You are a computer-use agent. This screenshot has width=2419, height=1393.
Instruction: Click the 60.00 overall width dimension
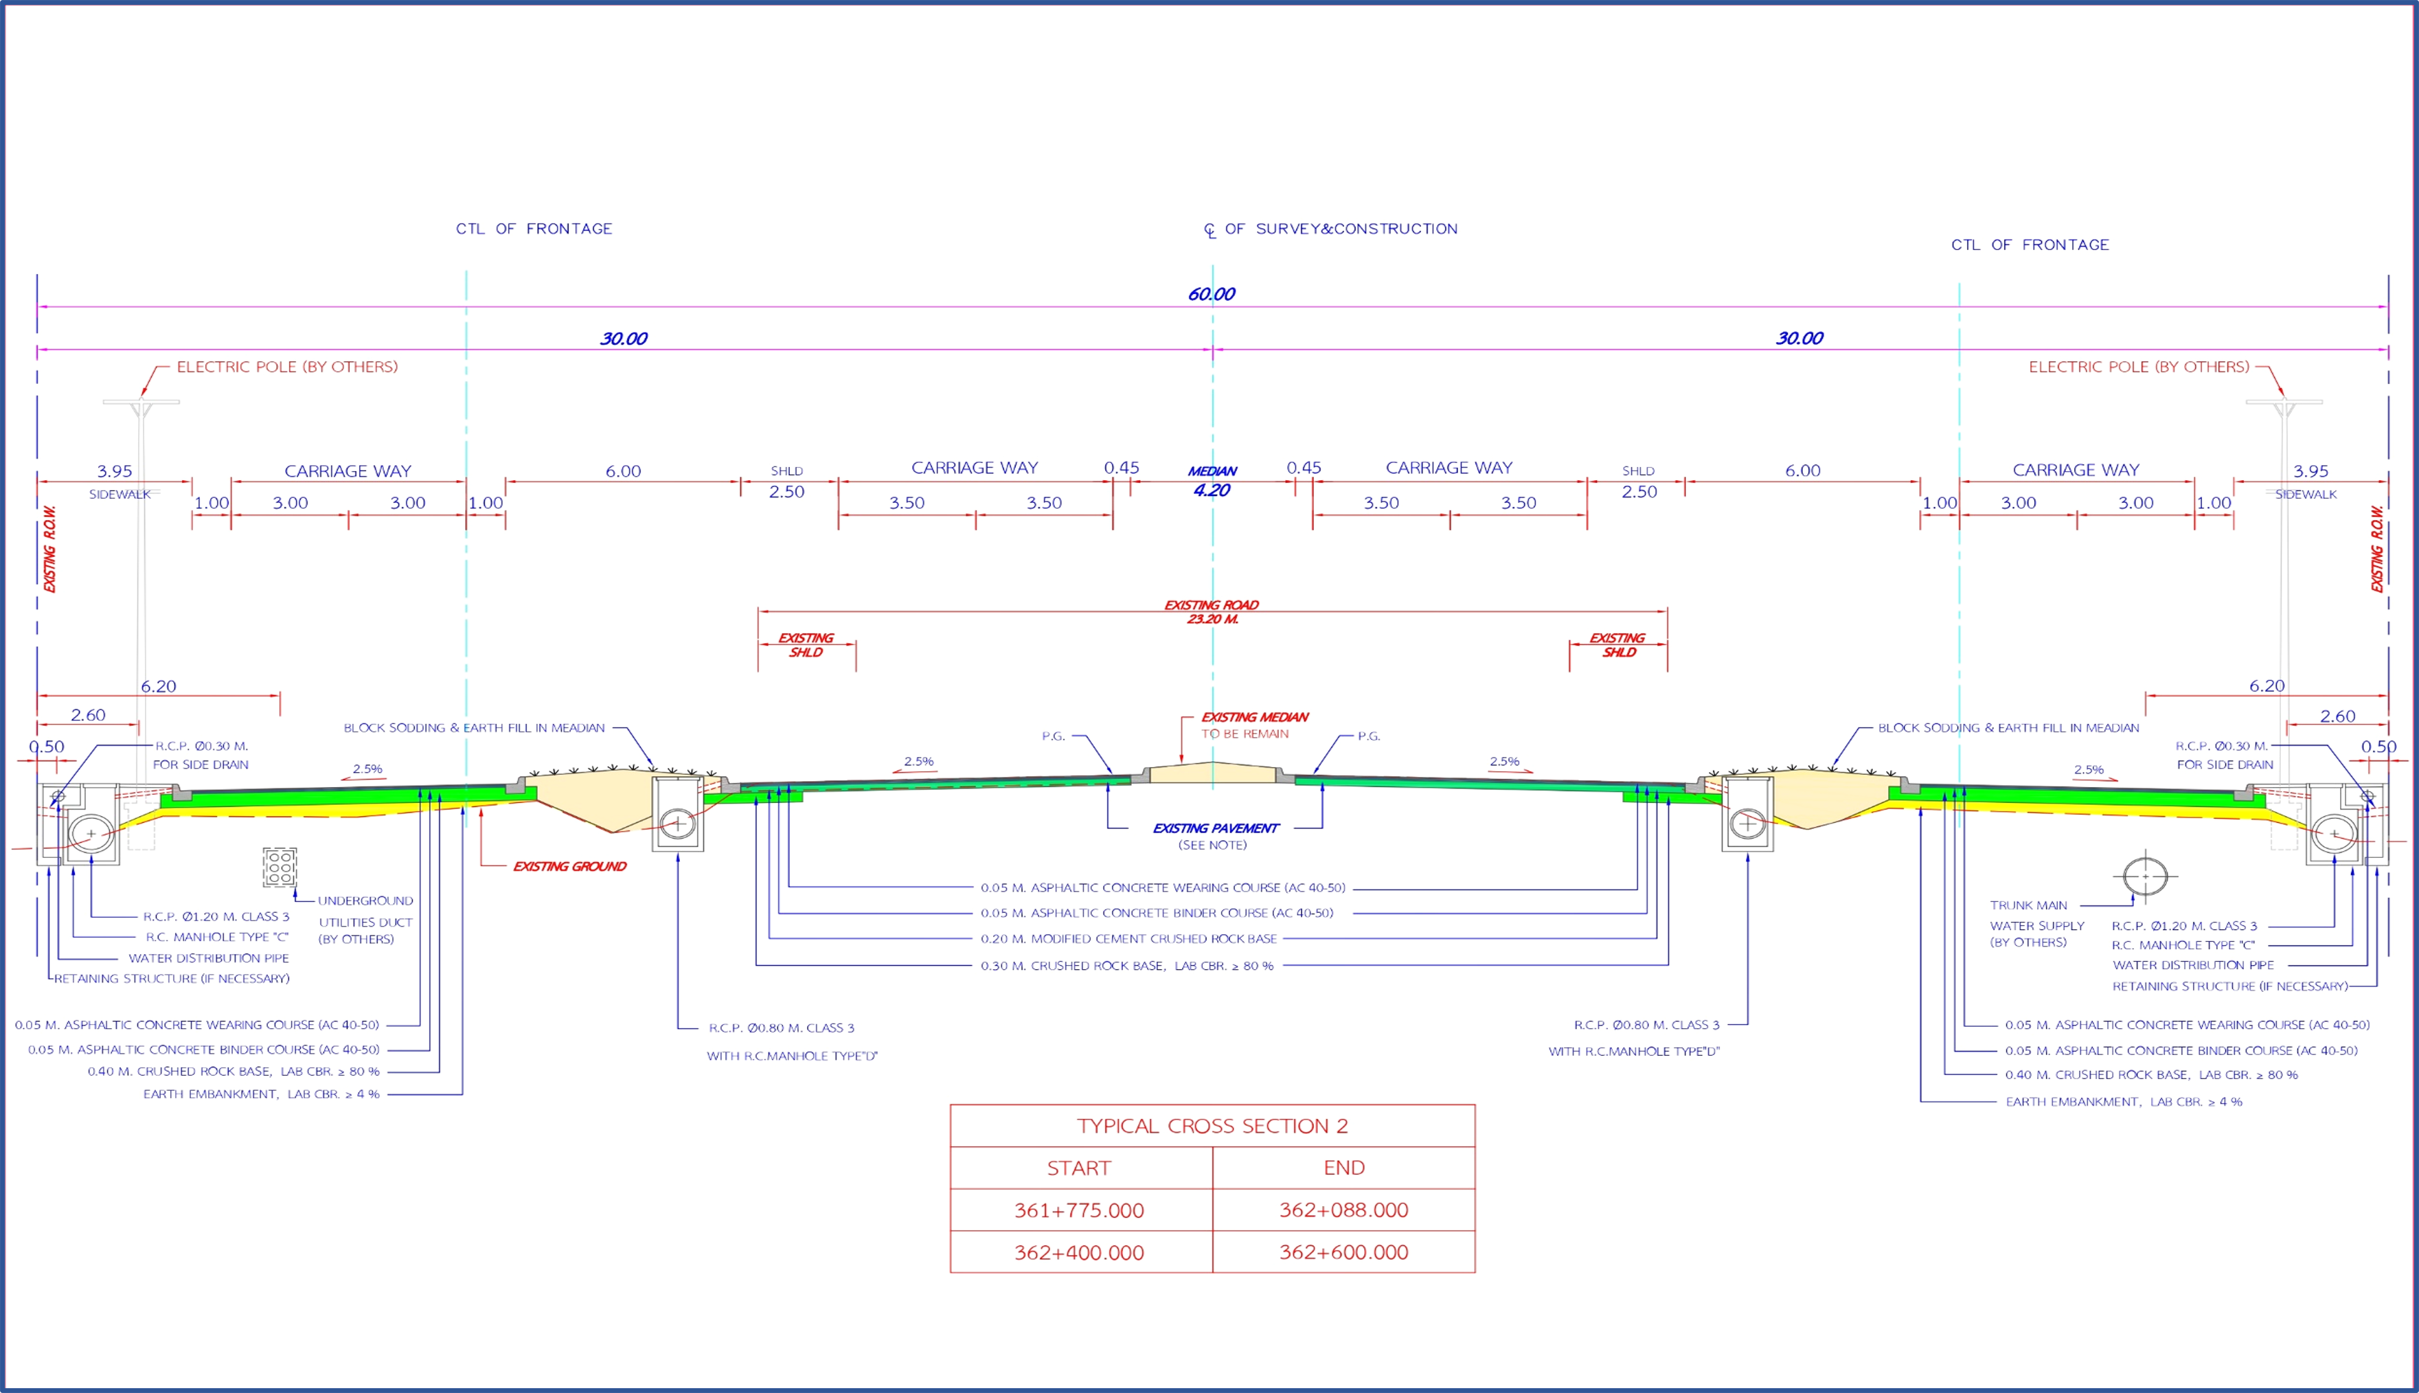tap(1211, 294)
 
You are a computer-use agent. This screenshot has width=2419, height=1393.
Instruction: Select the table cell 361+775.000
tap(1079, 1210)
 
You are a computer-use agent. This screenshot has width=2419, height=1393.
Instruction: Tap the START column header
tap(1079, 1168)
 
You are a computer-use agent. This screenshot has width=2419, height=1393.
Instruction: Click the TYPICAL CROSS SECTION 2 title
tap(1212, 1126)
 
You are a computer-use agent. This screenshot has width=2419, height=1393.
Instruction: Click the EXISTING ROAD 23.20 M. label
tap(1212, 612)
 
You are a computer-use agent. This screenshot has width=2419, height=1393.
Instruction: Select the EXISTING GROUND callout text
tap(569, 867)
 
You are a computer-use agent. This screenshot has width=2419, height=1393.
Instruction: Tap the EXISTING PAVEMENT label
tap(1215, 828)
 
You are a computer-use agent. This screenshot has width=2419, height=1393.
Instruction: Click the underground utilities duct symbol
tap(280, 867)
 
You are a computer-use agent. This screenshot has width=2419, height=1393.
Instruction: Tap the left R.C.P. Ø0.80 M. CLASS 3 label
tap(780, 1028)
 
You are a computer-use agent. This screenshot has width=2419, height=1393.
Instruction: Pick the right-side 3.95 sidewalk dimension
tap(2310, 471)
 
